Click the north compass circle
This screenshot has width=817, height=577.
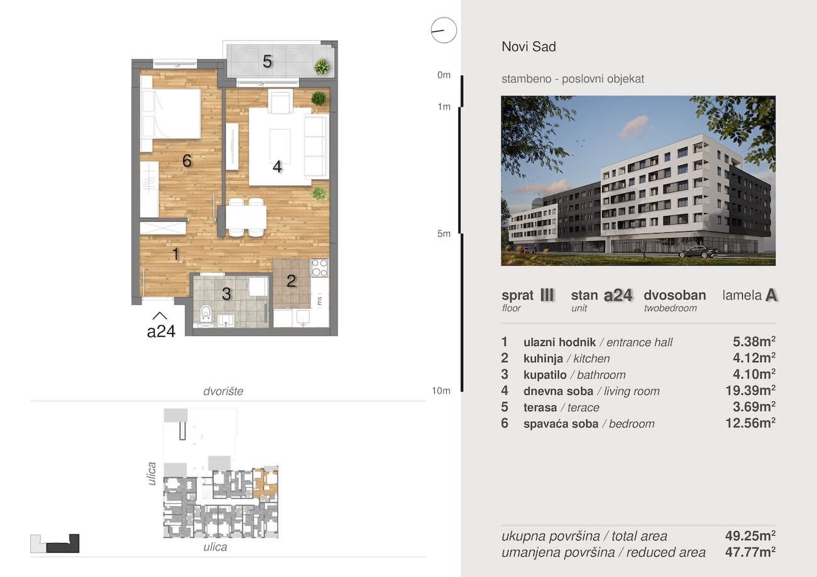tap(444, 18)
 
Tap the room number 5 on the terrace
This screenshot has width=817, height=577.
tap(267, 62)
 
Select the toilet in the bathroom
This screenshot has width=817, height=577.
tap(206, 313)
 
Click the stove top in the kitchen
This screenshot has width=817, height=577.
tap(319, 267)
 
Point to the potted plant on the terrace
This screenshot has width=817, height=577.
tap(322, 67)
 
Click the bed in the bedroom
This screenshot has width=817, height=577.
tap(170, 113)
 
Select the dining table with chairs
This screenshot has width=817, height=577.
tap(246, 217)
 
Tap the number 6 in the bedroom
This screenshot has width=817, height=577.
tap(187, 161)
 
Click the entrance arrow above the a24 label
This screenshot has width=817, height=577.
tap(160, 315)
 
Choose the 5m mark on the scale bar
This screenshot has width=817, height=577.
tap(444, 234)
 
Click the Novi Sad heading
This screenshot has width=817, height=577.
tap(529, 46)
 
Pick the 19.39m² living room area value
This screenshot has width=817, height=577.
tap(750, 391)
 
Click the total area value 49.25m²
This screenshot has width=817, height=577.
tap(750, 536)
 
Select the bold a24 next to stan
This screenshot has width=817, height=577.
tap(618, 296)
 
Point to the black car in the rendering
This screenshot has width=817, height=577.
tap(698, 252)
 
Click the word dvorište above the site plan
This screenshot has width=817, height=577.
tap(223, 391)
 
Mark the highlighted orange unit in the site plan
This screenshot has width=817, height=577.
tap(265, 483)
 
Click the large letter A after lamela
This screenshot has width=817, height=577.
tap(771, 295)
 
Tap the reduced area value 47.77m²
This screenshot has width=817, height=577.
tap(750, 553)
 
